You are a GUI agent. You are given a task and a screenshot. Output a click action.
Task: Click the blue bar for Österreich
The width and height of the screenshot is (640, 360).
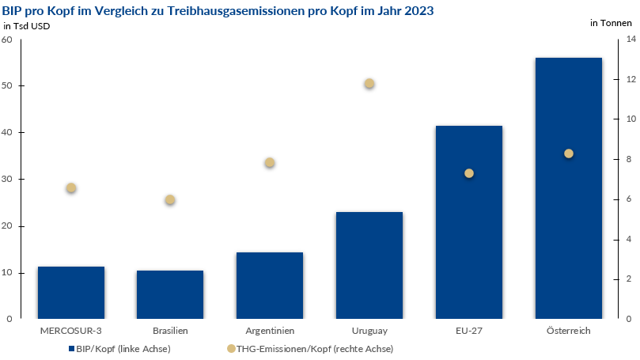pyautogui.click(x=568, y=229)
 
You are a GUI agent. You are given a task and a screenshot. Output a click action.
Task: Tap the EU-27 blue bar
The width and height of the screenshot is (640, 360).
pyautogui.click(x=468, y=245)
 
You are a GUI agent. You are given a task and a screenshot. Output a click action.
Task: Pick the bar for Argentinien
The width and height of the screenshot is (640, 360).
pyautogui.click(x=269, y=286)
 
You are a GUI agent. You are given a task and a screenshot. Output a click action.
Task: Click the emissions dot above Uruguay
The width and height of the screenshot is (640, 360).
pyautogui.click(x=369, y=84)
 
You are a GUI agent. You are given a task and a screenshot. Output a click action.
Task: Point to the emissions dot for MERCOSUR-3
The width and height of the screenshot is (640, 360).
pyautogui.click(x=71, y=188)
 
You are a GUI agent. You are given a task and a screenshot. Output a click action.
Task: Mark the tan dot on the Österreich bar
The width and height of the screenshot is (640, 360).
pyautogui.click(x=568, y=153)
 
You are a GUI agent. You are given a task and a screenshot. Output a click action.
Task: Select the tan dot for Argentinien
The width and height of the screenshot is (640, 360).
pyautogui.click(x=269, y=163)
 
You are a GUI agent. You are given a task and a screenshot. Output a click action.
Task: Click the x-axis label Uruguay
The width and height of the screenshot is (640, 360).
pyautogui.click(x=369, y=331)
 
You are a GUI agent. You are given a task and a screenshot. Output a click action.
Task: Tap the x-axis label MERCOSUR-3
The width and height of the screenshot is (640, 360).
pyautogui.click(x=70, y=331)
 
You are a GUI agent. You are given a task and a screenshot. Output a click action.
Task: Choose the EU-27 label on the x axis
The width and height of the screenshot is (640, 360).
pyautogui.click(x=468, y=331)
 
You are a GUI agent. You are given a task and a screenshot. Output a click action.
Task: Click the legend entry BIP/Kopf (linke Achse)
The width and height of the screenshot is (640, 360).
pyautogui.click(x=119, y=348)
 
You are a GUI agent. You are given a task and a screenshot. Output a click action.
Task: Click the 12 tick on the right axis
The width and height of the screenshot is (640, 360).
pyautogui.click(x=628, y=80)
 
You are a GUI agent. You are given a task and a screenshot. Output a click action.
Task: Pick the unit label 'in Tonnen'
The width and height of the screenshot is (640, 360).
pyautogui.click(x=611, y=23)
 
